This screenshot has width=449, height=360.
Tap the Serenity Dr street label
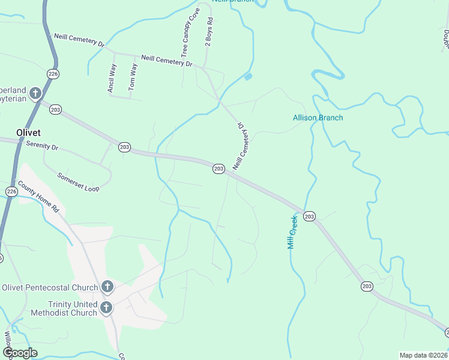(x=42, y=146)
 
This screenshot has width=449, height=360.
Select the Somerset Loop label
(x=78, y=182)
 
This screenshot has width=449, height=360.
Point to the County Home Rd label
(x=38, y=197)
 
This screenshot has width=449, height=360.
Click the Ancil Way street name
(x=112, y=78)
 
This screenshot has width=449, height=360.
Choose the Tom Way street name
(x=133, y=77)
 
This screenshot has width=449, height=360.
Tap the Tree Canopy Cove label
(x=189, y=33)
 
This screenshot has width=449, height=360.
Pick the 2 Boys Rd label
(x=209, y=33)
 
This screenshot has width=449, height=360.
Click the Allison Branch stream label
(x=318, y=118)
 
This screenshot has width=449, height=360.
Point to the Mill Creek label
(x=292, y=232)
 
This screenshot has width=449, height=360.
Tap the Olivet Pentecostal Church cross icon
(x=107, y=287)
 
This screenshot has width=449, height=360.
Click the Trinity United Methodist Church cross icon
(x=106, y=308)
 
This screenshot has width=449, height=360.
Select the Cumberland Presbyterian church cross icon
(x=35, y=93)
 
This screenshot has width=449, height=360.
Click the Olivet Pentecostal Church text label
(x=50, y=287)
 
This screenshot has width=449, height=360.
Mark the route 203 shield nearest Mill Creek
(x=309, y=216)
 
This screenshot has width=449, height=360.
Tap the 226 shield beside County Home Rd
(x=12, y=191)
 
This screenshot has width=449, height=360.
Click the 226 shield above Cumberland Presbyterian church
(x=53, y=74)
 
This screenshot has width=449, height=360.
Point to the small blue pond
(x=248, y=76)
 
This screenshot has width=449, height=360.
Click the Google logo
(x=20, y=353)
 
